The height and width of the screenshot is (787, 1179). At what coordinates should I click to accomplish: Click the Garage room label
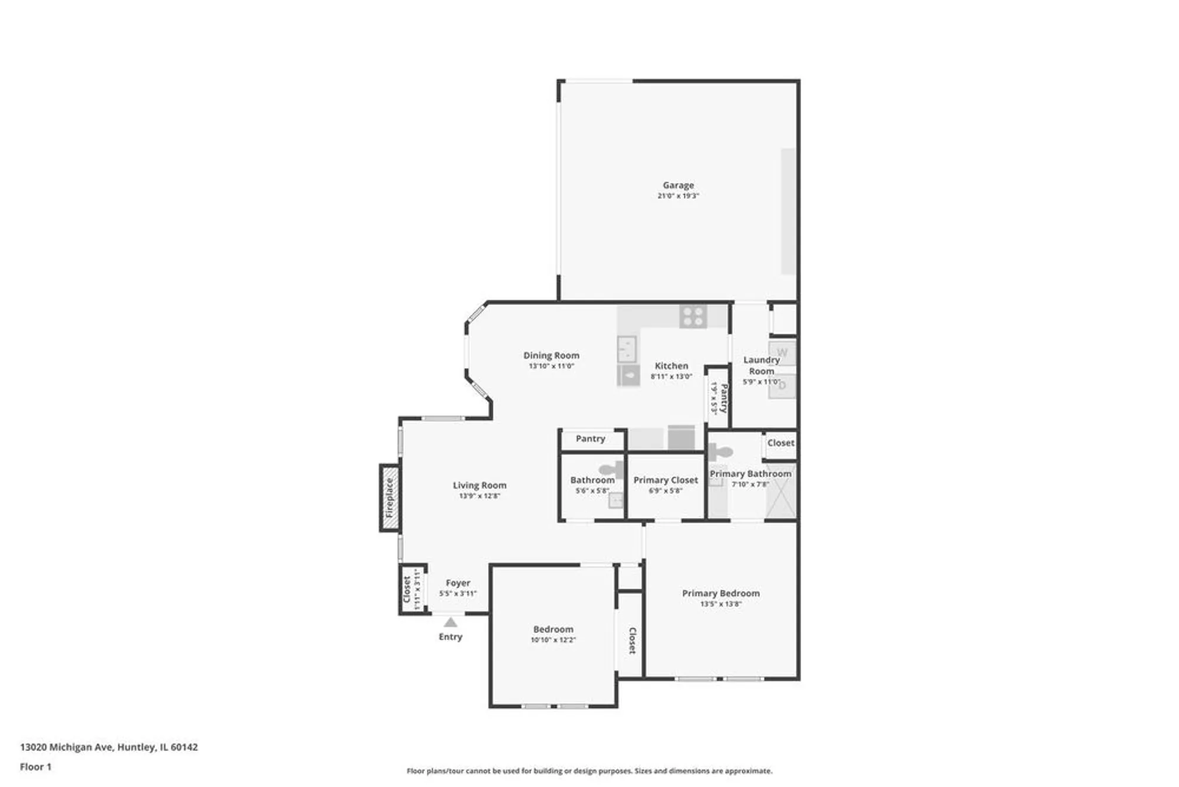click(678, 185)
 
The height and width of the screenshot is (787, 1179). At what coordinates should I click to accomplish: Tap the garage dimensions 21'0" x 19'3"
click(678, 196)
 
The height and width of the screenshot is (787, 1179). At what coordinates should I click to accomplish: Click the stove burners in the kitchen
click(693, 316)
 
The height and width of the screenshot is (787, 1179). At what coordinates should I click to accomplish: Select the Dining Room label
click(551, 355)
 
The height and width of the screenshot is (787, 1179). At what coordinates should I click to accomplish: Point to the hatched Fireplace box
click(390, 498)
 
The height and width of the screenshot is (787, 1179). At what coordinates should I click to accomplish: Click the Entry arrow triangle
click(450, 622)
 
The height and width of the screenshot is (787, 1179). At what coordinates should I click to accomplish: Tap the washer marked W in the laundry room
click(782, 353)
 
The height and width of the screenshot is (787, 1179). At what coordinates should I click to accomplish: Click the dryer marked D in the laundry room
click(782, 386)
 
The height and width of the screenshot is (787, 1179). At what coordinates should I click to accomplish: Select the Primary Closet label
click(666, 480)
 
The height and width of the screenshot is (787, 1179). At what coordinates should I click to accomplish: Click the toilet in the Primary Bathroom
click(721, 452)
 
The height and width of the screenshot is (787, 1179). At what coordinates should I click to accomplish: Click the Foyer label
click(458, 583)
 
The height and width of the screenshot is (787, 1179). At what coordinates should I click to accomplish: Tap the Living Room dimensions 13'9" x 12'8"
click(479, 496)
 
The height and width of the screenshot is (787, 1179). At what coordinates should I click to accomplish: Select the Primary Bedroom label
click(720, 593)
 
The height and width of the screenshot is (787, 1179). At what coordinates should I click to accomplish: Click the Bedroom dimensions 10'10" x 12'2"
click(553, 640)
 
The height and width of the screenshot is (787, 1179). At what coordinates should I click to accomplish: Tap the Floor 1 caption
click(35, 767)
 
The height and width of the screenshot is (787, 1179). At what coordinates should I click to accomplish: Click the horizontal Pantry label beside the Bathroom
click(590, 438)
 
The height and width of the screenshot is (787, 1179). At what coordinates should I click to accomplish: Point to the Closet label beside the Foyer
click(407, 589)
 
